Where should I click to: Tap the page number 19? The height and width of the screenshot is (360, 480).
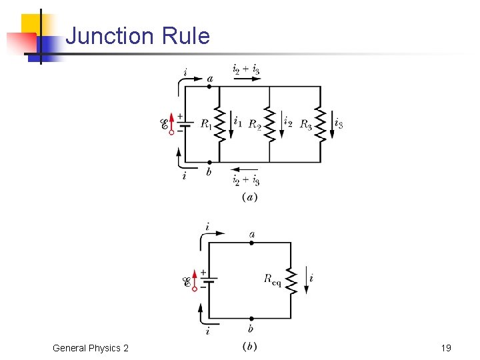pos(446,348)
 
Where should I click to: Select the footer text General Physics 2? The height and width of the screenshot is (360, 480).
pos(90,348)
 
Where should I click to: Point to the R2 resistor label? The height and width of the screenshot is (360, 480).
pos(255,124)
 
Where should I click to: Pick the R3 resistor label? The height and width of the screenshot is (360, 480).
pos(306,124)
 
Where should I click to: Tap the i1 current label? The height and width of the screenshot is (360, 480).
pos(238,122)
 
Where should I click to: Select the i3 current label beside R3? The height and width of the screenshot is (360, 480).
pos(339,123)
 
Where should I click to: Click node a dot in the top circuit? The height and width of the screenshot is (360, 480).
pos(210,86)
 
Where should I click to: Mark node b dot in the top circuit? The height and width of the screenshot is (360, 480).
pos(210,162)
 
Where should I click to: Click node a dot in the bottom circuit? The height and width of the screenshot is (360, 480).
pos(251,243)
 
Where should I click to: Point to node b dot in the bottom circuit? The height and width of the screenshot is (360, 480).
pos(251,319)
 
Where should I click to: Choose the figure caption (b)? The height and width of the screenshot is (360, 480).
pos(249,347)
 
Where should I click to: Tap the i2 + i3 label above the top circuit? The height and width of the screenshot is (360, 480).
pos(246,69)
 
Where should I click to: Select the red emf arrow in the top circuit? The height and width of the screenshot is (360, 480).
pos(171,123)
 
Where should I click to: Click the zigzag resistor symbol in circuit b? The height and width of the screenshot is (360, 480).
pos(291,280)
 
